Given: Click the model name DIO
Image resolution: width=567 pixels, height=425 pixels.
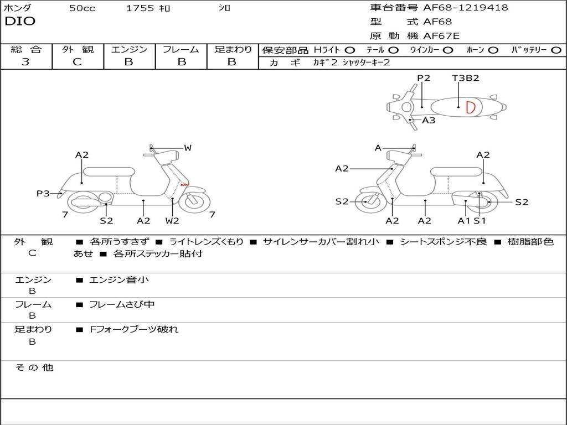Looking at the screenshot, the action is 19,22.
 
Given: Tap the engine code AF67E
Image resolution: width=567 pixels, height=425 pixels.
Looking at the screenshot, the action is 441,36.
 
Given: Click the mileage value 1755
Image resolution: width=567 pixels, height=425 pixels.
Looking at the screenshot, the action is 140,8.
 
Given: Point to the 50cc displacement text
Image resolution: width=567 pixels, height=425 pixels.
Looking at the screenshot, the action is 82,8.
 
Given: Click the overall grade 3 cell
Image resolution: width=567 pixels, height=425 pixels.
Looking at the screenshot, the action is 25,62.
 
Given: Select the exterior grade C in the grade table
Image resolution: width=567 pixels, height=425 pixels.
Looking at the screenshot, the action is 77,62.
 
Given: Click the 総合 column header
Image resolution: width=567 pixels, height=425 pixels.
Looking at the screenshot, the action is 25,50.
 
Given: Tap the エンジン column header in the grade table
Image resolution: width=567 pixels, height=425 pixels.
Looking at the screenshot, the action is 129,50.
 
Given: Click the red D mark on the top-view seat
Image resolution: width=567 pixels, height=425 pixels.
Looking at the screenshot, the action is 470,107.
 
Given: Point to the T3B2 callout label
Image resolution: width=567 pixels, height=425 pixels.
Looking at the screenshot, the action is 465,78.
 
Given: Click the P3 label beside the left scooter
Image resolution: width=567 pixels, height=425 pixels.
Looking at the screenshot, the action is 43,193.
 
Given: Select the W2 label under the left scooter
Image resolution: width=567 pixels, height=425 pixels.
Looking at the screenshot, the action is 172,220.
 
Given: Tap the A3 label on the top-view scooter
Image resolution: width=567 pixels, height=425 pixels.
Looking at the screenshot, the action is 429,120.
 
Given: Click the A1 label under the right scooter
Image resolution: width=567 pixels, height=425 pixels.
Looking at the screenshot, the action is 463,220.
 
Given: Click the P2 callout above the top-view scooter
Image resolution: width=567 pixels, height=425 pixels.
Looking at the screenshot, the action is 424,78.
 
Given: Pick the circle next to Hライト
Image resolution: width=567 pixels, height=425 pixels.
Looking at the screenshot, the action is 349,50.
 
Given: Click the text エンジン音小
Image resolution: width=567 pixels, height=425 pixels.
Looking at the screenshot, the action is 119,280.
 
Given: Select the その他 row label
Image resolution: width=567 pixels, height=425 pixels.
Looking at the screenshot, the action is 34,367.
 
